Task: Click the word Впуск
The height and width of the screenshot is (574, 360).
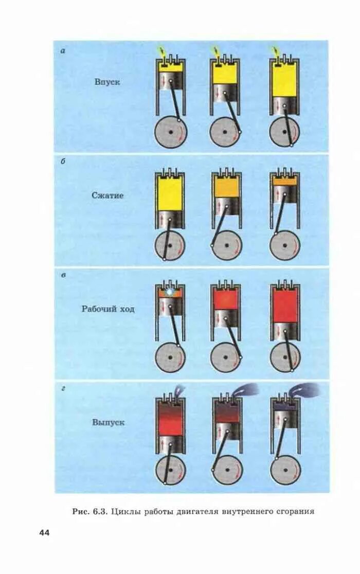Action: coord(107,82)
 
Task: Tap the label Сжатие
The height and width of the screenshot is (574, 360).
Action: coord(107,195)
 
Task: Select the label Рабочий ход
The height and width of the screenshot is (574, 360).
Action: coord(108,309)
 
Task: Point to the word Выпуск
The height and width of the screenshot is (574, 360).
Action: coord(108,423)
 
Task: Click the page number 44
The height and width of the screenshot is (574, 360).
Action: coord(44,533)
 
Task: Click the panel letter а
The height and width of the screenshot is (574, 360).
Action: coord(62,50)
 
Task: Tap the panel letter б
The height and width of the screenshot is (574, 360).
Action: coord(62,162)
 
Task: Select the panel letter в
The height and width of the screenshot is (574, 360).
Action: coord(62,275)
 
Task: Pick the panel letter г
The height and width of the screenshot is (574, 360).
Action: coord(62,389)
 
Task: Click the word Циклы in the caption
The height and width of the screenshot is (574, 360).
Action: coord(125,512)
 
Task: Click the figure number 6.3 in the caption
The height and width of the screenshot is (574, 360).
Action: coord(98,512)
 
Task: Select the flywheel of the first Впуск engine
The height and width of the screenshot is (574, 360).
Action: coord(171,132)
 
